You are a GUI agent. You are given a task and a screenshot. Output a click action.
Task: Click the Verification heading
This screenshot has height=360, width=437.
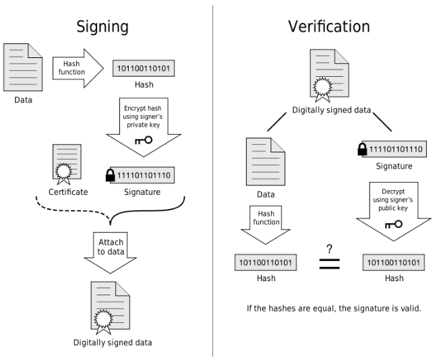coord(328,26)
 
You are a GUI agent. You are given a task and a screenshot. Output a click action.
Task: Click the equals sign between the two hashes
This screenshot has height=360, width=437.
coord(328,264)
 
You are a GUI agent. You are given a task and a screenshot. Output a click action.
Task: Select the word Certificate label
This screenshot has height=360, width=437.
coord(67,193)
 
